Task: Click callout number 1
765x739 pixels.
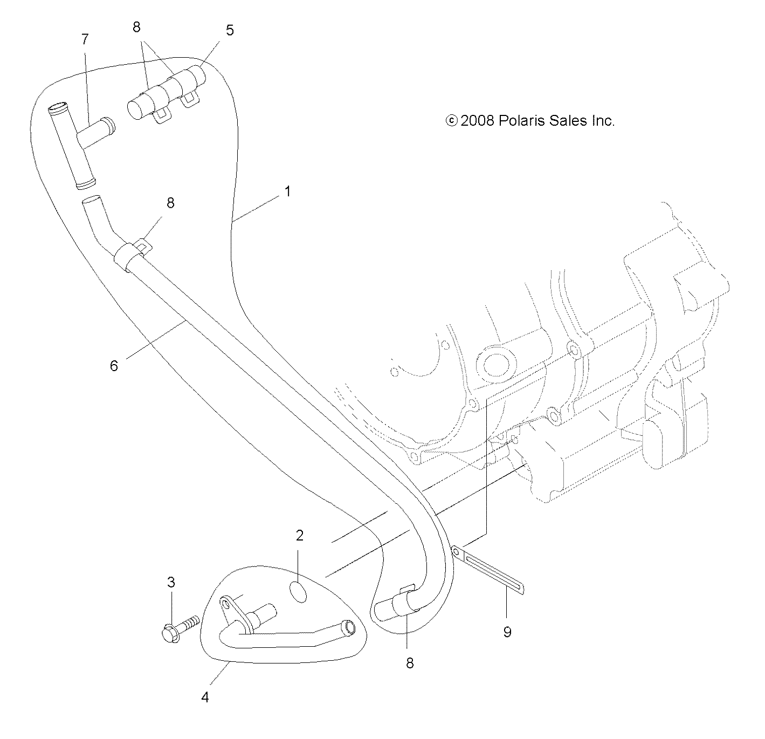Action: point(288,191)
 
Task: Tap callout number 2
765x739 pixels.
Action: point(299,535)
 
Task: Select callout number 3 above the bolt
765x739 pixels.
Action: point(171,582)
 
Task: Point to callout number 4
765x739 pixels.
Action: point(205,697)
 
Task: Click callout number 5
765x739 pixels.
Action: point(230,30)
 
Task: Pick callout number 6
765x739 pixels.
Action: point(114,365)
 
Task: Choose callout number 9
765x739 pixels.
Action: point(507,631)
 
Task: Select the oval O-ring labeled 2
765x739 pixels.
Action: point(298,591)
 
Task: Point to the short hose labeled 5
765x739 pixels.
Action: point(166,89)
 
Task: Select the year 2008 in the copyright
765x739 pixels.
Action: point(478,121)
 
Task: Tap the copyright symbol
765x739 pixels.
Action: point(451,121)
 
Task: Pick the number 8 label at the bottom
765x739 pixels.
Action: point(410,663)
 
